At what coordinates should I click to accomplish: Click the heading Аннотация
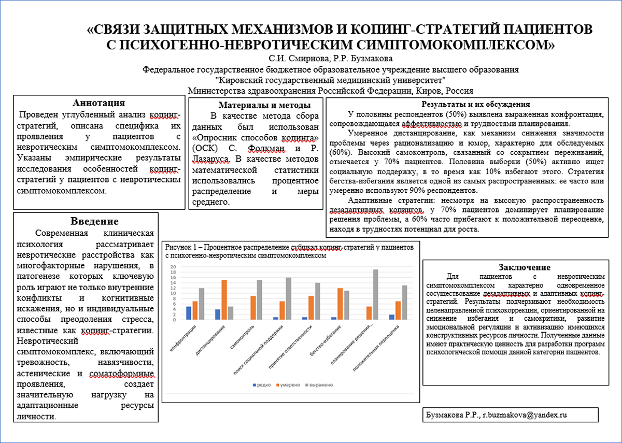[x=98, y=103]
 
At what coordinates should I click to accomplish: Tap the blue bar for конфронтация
[x=189, y=313]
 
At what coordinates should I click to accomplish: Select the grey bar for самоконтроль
[x=259, y=299]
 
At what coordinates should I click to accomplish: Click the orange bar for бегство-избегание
[x=340, y=304]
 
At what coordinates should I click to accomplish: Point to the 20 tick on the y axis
[x=174, y=267]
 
